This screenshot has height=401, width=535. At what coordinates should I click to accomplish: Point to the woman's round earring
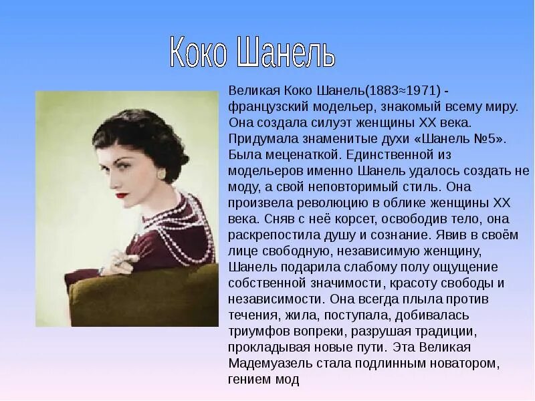pos(161,174)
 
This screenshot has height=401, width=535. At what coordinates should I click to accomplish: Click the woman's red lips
pos(122,196)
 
